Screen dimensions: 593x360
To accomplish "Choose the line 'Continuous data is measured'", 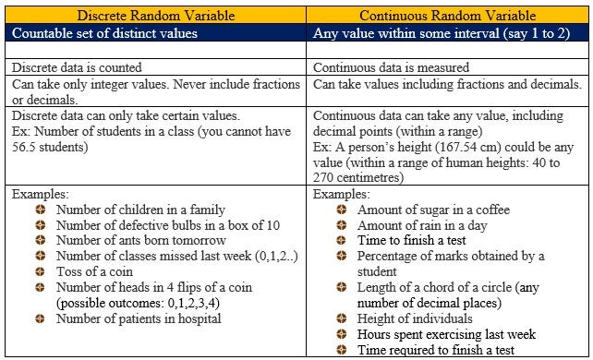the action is click(392, 67).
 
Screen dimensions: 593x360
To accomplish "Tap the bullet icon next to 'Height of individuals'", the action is click(341, 319).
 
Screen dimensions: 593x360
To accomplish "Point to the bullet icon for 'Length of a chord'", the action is click(341, 288).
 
